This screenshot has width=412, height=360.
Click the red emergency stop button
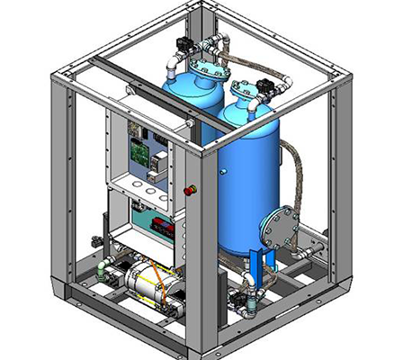(190, 190)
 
